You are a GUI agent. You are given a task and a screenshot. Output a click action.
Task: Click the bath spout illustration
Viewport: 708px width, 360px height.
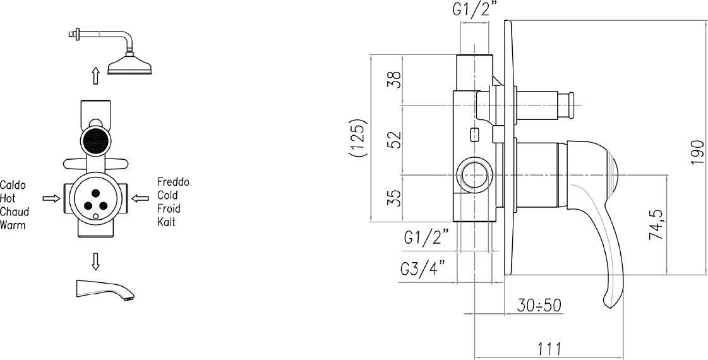105,289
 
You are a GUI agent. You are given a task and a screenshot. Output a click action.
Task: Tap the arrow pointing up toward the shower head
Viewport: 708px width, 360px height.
95,75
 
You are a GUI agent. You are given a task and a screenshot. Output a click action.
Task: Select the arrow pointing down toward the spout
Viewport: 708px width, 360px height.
95,261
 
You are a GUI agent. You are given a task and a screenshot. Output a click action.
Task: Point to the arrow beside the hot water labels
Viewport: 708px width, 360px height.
51,198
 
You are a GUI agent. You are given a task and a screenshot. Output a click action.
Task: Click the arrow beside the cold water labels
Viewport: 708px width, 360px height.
140,198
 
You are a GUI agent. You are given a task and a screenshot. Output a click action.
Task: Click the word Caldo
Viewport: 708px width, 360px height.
13,185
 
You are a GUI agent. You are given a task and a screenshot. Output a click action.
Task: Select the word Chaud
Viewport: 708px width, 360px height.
15,212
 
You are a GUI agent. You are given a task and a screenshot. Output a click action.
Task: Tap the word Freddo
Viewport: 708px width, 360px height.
174,182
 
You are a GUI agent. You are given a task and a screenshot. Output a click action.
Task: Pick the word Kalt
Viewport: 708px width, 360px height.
166,222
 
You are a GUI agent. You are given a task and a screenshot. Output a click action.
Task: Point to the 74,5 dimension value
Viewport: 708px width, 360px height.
656,224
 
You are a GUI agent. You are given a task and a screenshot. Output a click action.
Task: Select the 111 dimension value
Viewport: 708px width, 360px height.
549,349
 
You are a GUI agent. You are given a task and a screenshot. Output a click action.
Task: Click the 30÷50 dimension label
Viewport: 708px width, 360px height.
539,306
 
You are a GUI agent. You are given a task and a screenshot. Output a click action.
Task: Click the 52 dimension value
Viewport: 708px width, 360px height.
394,140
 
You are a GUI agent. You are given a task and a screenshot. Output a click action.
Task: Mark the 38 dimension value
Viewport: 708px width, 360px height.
394,80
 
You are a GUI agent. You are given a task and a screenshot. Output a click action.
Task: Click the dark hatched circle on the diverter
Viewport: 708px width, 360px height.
95,140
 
